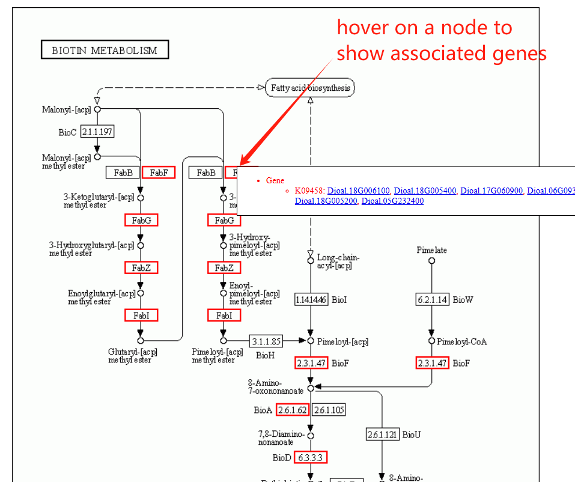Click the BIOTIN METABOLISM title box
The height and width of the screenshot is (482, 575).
click(x=105, y=50)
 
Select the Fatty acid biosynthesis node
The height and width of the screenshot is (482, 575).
click(x=310, y=88)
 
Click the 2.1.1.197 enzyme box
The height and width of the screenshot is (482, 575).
click(x=97, y=132)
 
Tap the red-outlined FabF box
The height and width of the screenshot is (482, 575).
click(x=159, y=172)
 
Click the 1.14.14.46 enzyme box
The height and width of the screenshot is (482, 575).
click(x=311, y=299)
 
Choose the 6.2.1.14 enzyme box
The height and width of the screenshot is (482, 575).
click(x=432, y=299)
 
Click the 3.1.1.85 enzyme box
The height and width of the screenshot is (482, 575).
click(x=266, y=341)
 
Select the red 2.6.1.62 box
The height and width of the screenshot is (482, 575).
click(x=293, y=410)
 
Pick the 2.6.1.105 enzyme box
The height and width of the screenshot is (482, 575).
click(x=328, y=410)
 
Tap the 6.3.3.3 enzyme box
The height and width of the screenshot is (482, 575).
click(x=311, y=457)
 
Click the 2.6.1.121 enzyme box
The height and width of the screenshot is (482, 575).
click(x=383, y=434)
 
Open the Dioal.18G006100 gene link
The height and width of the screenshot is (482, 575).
click(x=359, y=191)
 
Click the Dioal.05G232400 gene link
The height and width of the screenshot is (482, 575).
click(x=392, y=201)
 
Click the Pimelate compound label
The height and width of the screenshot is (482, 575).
click(x=432, y=250)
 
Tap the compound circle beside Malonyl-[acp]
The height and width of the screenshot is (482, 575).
click(x=97, y=109)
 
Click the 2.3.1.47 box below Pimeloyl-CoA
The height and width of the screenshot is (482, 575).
click(x=432, y=363)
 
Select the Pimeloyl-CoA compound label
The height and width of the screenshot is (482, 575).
click(x=461, y=341)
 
